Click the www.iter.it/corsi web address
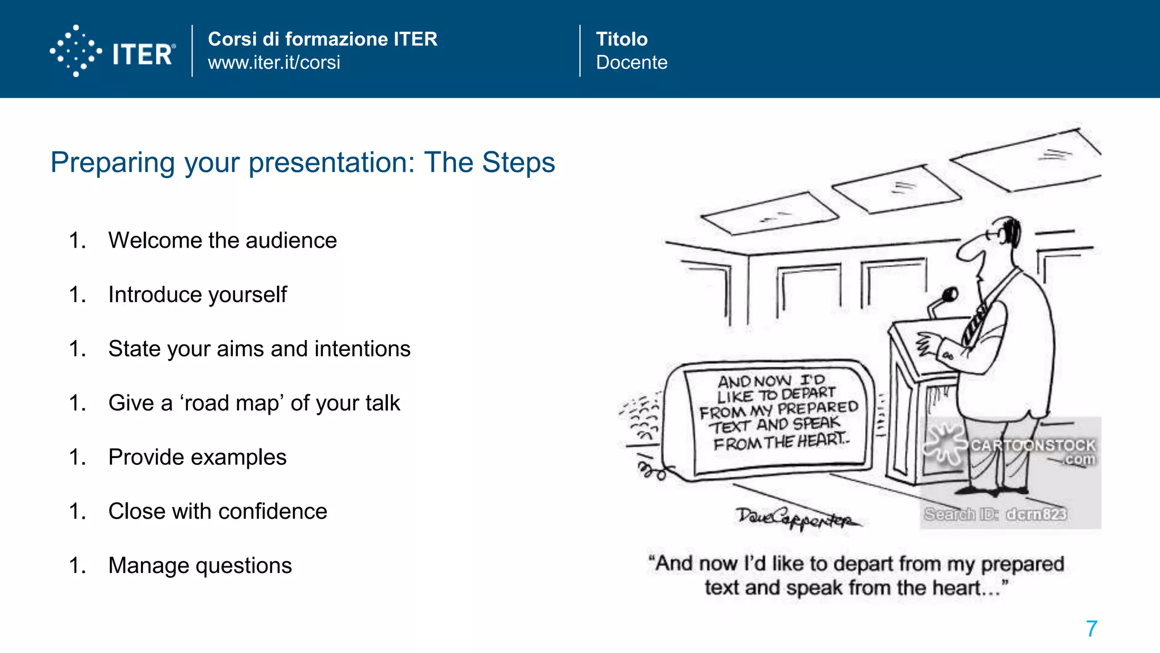click(274, 62)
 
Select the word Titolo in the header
click(621, 39)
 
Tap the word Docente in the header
click(631, 62)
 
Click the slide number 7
click(1091, 629)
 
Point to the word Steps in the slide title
click(518, 163)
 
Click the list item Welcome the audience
click(222, 240)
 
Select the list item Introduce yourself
click(197, 295)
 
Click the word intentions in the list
click(362, 349)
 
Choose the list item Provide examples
click(197, 457)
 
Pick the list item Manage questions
click(200, 566)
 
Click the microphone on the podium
click(949, 294)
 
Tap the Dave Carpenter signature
click(796, 518)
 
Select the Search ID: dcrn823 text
click(995, 514)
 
